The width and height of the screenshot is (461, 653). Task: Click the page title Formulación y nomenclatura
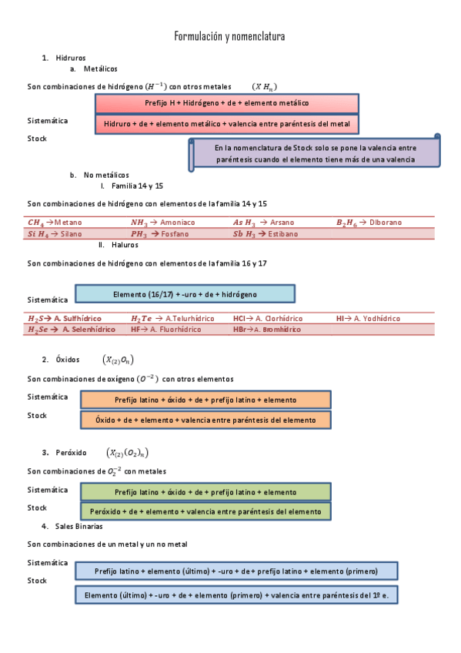pyautogui.click(x=229, y=36)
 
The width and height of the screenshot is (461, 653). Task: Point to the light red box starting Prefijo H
pyautogui.click(x=227, y=103)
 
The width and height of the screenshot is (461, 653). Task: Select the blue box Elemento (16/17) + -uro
pyautogui.click(x=185, y=293)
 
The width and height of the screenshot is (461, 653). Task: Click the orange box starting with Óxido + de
pyautogui.click(x=205, y=420)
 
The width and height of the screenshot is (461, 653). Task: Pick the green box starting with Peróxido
pyautogui.click(x=205, y=511)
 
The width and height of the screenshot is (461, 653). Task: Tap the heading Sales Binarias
pyautogui.click(x=79, y=527)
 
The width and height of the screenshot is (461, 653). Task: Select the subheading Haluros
pyautogui.click(x=124, y=245)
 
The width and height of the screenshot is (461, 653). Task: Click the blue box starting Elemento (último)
pyautogui.click(x=236, y=595)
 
